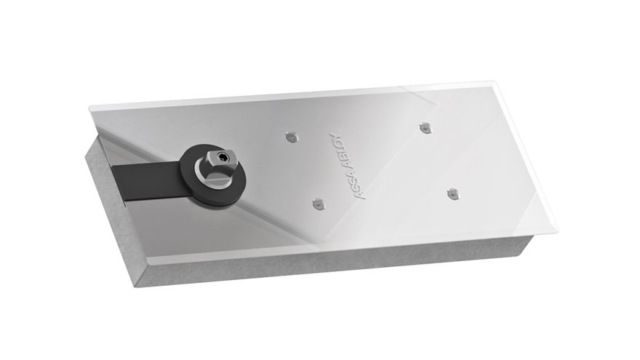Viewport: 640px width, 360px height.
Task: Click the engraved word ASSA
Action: pyautogui.click(x=356, y=185)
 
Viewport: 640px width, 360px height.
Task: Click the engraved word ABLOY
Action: pyautogui.click(x=340, y=150)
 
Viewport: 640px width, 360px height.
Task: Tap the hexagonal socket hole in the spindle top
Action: pyautogui.click(x=222, y=157)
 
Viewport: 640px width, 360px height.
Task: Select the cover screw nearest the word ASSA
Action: pyautogui.click(x=319, y=204)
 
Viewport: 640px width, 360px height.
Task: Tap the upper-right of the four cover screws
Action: pyautogui.click(x=425, y=128)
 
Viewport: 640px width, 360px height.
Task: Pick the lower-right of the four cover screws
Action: pyautogui.click(x=452, y=194)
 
